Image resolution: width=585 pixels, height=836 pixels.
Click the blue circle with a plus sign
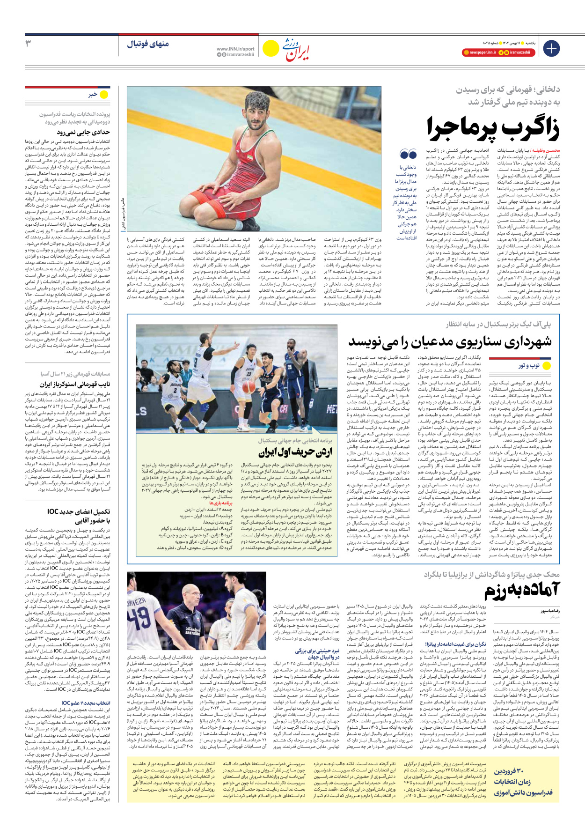click(x=551, y=48)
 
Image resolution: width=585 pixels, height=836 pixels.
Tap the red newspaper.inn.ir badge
click(x=479, y=52)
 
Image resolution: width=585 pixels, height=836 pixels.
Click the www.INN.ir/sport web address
click(x=235, y=49)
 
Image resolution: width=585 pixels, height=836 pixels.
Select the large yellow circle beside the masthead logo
click(x=270, y=48)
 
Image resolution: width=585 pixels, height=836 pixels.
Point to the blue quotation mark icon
click(x=408, y=154)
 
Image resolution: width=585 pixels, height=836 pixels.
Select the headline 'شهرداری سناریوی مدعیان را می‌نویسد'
click(x=450, y=341)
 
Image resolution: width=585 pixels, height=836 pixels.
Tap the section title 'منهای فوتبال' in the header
click(x=148, y=44)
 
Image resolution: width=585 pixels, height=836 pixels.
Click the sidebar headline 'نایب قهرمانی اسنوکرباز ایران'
click(x=79, y=384)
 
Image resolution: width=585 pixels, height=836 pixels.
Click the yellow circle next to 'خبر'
click(x=104, y=95)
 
